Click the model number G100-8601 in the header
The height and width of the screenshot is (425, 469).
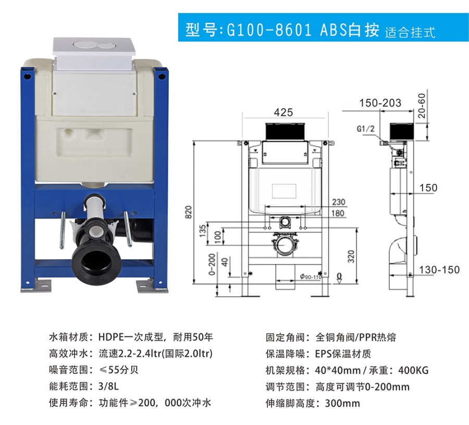coord(269,30)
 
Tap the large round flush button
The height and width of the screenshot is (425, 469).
coord(85,46)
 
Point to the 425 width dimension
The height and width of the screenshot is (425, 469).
coord(283,113)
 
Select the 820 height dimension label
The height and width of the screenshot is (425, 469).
coord(189,212)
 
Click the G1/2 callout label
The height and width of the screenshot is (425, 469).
coord(365,129)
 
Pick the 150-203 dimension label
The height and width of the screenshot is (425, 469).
coord(380,103)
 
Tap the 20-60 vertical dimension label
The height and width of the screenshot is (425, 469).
coord(422,105)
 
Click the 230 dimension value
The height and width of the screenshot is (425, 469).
coord(339,202)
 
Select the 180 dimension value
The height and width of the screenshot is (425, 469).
coord(338,213)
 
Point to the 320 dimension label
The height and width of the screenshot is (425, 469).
coord(351,257)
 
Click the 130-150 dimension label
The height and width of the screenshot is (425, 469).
coord(439,270)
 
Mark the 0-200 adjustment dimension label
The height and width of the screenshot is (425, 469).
coord(212,264)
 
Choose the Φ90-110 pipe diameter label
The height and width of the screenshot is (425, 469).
coord(311,277)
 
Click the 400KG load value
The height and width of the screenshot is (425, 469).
coord(413,370)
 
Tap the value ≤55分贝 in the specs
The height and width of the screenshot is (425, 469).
coord(119,370)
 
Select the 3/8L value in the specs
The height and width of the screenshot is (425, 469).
coord(108,386)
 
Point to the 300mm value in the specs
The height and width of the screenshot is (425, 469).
coord(342,403)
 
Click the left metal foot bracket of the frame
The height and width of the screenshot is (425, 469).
coord(36,286)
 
